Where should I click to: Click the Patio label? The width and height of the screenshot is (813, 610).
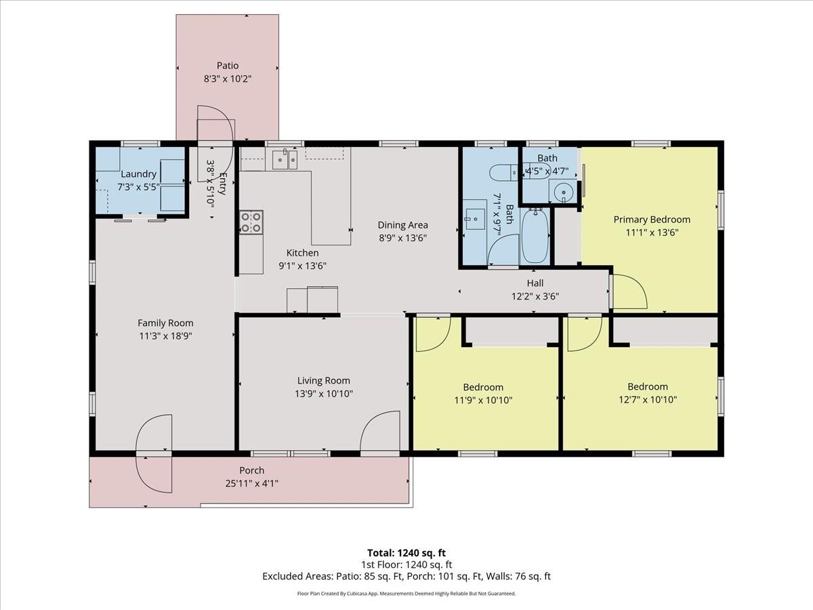pos(228,66)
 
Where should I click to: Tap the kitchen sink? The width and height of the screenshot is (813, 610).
pos(285,160)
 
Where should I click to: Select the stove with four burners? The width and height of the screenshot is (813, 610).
pos(251,222)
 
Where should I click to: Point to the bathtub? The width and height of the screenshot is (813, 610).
pos(535,237)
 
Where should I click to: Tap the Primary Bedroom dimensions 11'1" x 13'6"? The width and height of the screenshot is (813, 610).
pos(651,232)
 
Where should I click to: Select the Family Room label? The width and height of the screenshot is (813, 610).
pos(165,323)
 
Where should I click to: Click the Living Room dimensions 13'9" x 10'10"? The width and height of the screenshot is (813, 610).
pos(325,393)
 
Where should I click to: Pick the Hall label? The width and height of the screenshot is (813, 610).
pos(535,283)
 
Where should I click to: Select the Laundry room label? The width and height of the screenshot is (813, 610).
pos(138,174)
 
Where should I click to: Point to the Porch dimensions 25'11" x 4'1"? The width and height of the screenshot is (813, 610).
pos(251,483)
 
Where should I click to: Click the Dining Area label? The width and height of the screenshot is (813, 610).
pos(402,225)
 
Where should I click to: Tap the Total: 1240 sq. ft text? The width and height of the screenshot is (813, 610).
pos(406,553)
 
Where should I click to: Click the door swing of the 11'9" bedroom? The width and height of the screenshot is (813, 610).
pos(432,334)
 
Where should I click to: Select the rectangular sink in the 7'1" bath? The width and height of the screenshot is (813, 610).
pos(474,220)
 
